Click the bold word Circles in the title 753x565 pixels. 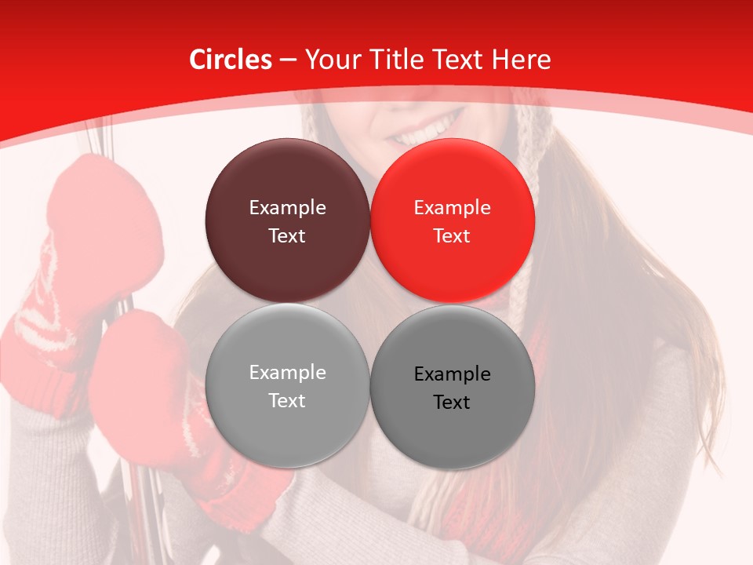(x=230, y=60)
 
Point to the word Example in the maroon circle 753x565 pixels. (x=287, y=208)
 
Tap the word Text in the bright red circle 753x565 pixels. (x=452, y=236)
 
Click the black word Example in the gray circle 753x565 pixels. (x=452, y=374)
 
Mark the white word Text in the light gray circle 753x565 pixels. (x=287, y=401)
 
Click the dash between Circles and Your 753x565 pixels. (x=288, y=60)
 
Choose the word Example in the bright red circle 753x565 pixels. (x=452, y=208)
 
